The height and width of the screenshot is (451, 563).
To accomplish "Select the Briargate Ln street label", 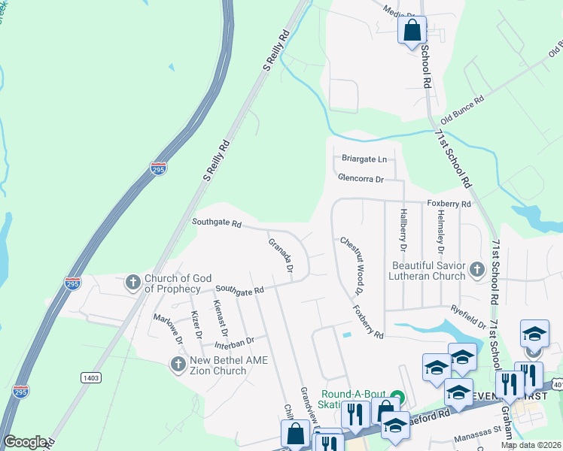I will point(364,159).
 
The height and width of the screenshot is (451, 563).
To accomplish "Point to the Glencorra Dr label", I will point(361,180).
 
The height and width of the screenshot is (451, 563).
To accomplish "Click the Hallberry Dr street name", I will point(403,230).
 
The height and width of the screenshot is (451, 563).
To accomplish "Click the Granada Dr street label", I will point(281,253).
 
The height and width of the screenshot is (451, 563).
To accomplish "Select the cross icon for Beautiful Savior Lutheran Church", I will point(476,268).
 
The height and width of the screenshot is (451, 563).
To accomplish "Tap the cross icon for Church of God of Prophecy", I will point(133,283).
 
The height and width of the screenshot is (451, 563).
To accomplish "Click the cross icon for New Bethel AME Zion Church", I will point(178,365).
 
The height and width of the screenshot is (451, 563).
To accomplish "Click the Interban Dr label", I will point(240,342).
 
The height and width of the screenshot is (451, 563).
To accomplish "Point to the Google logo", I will point(24,442).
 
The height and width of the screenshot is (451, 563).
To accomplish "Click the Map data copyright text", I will point(531,445).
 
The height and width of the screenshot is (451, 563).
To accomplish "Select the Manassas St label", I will point(477,432).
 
